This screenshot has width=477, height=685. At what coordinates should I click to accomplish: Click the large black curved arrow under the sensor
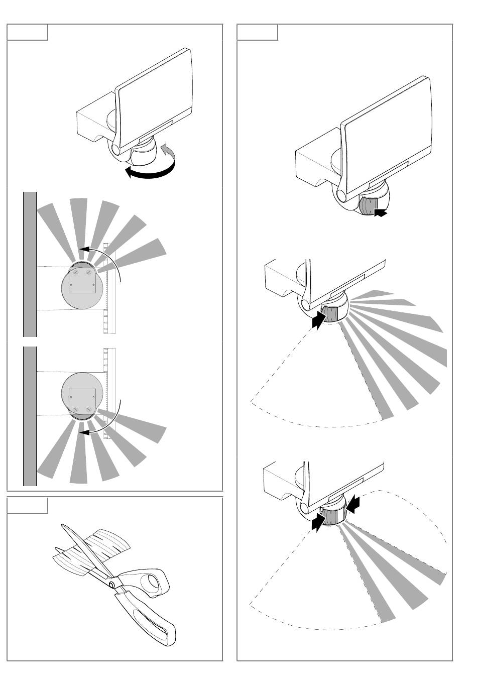click(151, 173)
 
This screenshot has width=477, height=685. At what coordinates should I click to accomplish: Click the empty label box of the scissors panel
click(27, 505)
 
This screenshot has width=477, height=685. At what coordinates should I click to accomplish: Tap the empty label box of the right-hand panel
click(257, 32)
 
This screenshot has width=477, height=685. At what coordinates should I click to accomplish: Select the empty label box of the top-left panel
click(27, 32)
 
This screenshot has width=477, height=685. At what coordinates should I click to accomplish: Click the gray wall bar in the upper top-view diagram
click(30, 264)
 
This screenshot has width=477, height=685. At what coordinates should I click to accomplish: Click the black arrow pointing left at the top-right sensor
click(381, 213)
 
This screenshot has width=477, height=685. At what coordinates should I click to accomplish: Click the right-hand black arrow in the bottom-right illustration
click(353, 503)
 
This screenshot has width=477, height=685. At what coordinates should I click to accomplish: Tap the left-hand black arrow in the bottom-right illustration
click(318, 522)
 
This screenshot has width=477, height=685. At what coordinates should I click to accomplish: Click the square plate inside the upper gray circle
click(82, 281)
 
